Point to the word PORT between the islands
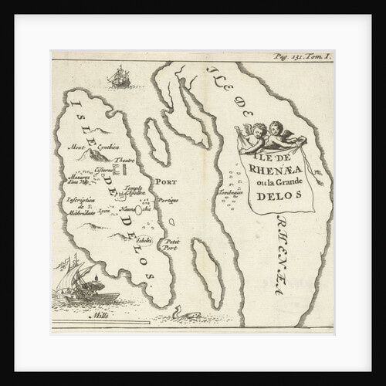[x=166, y=184]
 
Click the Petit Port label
[x=170, y=245]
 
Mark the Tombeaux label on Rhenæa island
[x=231, y=191]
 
